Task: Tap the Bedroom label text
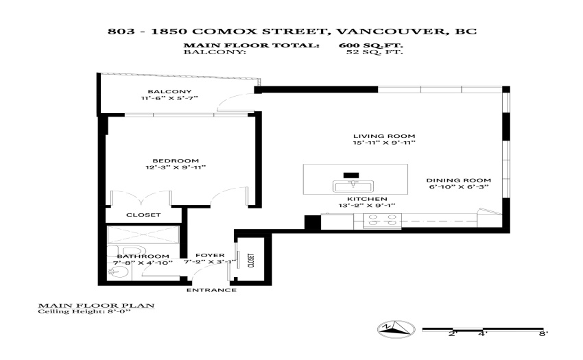tap(176, 160)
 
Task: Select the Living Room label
tap(384, 136)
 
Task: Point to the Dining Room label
tap(458, 180)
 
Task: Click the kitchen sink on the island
tap(351, 186)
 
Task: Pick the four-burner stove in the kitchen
tap(382, 220)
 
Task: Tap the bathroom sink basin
tap(117, 274)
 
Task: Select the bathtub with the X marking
tap(143, 235)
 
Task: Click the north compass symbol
tap(396, 328)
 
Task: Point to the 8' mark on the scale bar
tap(543, 334)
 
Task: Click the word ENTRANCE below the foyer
tap(211, 290)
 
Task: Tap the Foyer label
tap(210, 256)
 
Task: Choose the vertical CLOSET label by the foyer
tap(251, 261)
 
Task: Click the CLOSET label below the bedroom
tap(143, 215)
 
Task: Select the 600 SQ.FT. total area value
tap(370, 45)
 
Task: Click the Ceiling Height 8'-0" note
tap(84, 311)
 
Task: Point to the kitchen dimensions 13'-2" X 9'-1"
tap(367, 205)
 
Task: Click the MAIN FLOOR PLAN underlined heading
tap(96, 306)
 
